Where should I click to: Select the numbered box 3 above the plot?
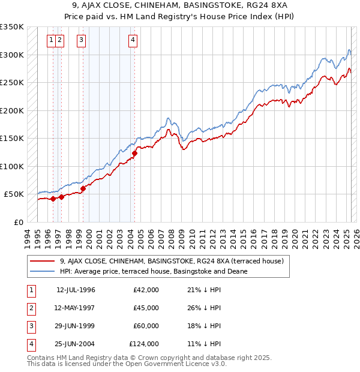tap(81, 41)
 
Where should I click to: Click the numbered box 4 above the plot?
tap(133, 41)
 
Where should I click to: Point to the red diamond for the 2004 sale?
tap(134, 153)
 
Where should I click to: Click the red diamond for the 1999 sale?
tap(83, 188)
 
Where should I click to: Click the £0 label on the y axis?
tap(18, 222)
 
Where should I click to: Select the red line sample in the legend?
tap(43, 261)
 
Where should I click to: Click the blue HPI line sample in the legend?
tap(43, 271)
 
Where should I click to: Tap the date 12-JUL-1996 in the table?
tap(76, 290)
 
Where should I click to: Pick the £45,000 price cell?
tap(146, 308)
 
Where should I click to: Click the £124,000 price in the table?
tap(145, 344)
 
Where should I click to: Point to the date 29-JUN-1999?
tap(76, 326)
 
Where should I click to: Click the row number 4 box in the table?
tap(31, 344)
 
